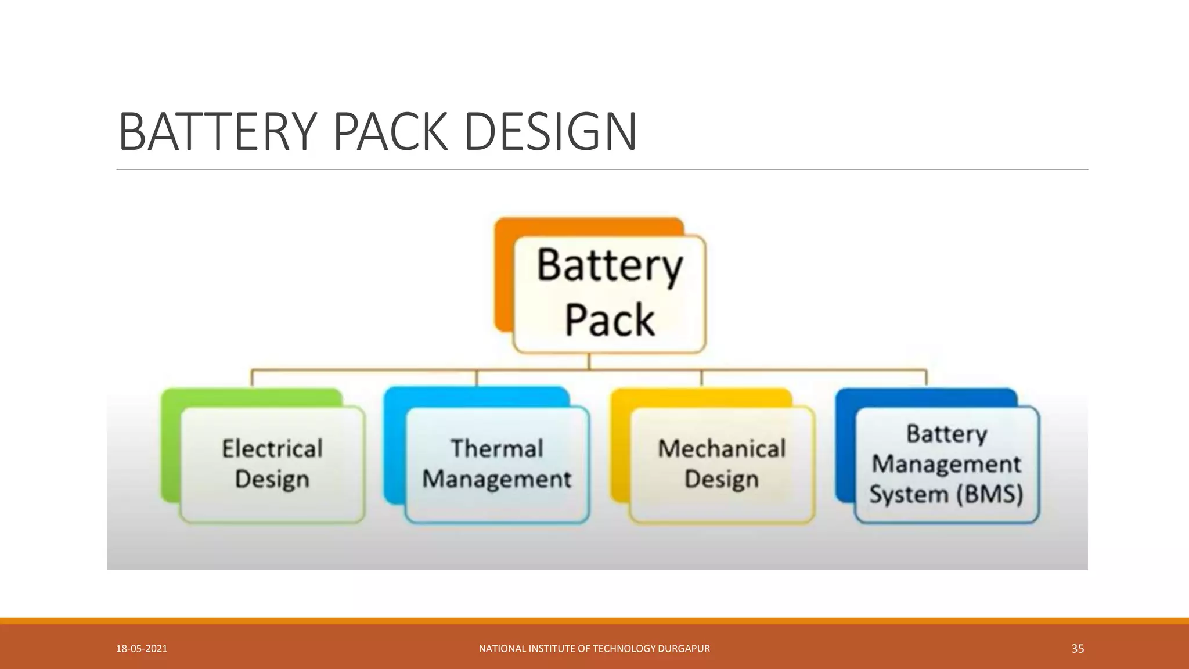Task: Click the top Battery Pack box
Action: pos(610,294)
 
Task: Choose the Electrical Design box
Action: pos(272,465)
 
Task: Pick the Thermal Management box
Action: pos(497,465)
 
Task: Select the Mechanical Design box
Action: pos(722,465)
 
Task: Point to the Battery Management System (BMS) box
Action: pos(946,465)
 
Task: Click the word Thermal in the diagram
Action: pos(497,449)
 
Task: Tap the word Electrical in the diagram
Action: pos(272,449)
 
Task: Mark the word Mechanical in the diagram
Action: pos(722,449)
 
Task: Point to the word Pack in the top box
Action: pos(610,320)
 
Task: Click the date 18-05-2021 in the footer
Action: pos(142,649)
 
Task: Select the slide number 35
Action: pos(1078,649)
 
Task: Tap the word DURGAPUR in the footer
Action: pos(683,649)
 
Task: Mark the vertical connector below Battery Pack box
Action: pos(589,361)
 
